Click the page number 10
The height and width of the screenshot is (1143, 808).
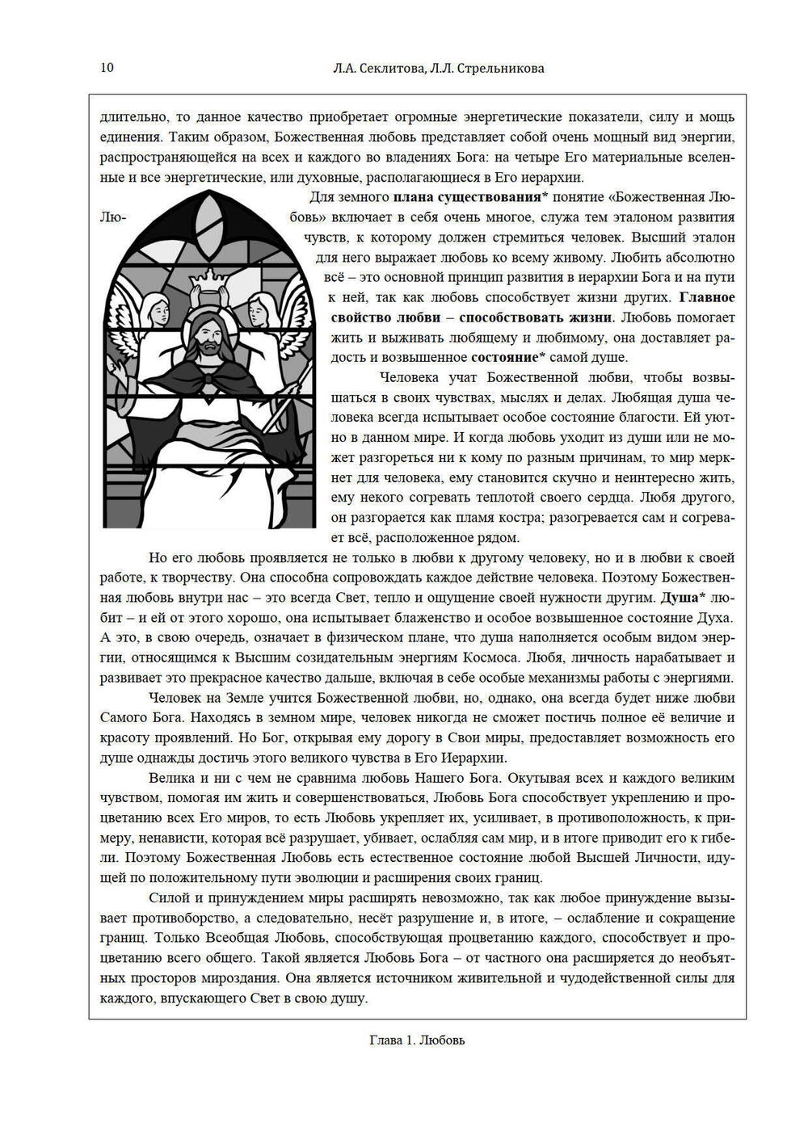click(x=107, y=68)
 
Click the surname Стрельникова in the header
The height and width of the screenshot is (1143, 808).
click(x=500, y=69)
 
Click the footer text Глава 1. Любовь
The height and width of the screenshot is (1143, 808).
click(x=417, y=1040)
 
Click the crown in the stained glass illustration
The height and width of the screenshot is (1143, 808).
click(x=208, y=279)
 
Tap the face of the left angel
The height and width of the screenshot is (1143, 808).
click(x=159, y=312)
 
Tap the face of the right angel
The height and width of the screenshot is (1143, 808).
click(x=258, y=311)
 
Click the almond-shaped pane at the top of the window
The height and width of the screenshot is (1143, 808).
click(x=208, y=225)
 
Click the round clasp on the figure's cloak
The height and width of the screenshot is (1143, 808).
click(x=208, y=379)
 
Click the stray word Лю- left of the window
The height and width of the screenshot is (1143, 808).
click(x=112, y=218)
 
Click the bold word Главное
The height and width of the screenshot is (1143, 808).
click(x=706, y=297)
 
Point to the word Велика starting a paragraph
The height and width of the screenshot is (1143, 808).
click(x=171, y=778)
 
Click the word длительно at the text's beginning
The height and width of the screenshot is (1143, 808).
click(x=133, y=117)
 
